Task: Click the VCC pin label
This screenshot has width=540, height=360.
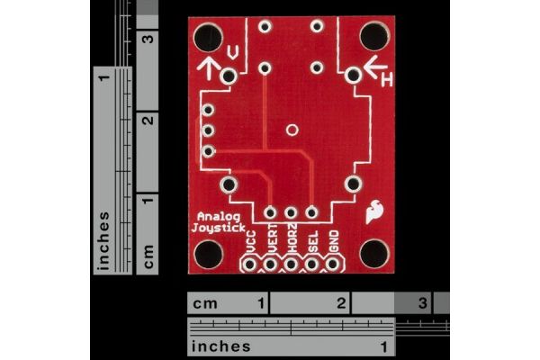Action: click(x=251, y=242)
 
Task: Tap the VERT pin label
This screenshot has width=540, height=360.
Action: click(x=272, y=238)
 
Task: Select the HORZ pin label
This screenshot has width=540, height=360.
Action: click(x=292, y=238)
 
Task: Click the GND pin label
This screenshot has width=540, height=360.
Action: click(x=334, y=241)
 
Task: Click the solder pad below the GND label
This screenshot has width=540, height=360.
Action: click(x=333, y=265)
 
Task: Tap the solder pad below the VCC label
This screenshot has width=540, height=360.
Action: click(x=249, y=265)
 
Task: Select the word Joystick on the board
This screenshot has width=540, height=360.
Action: click(x=219, y=228)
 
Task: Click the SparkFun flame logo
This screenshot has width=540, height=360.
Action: click(x=374, y=211)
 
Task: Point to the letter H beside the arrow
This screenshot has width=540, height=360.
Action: click(x=387, y=81)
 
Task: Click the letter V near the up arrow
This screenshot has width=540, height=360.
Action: click(x=233, y=52)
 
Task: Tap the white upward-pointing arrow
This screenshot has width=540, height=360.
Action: click(x=209, y=68)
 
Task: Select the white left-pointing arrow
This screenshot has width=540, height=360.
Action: click(x=375, y=66)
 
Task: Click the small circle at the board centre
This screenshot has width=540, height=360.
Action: click(x=292, y=130)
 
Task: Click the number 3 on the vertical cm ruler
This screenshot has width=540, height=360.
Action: click(x=148, y=38)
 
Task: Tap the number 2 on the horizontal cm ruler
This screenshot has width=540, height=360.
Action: click(x=341, y=303)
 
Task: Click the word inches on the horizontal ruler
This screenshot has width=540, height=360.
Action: click(x=220, y=346)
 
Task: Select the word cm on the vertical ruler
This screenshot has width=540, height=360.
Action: click(x=148, y=256)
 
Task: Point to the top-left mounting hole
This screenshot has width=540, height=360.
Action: click(x=208, y=37)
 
